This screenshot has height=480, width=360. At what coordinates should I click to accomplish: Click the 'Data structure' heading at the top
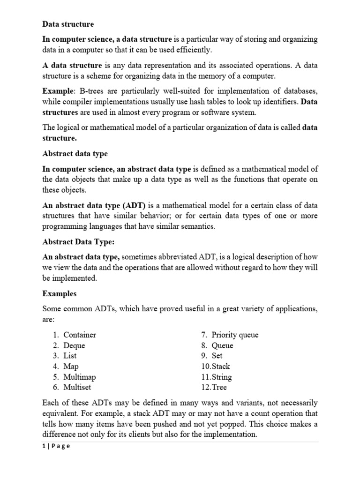[x=68, y=24]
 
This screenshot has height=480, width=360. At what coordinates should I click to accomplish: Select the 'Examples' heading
[x=60, y=294]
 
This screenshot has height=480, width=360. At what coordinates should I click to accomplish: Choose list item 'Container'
[x=80, y=335]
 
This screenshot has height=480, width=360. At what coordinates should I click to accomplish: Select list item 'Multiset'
[x=77, y=387]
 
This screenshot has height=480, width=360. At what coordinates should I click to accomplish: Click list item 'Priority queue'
[x=235, y=335]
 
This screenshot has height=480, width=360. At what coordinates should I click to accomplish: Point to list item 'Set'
[x=217, y=356]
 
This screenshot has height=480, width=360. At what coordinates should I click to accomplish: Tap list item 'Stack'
[x=221, y=366]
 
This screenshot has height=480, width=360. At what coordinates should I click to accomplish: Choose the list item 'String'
[x=222, y=377]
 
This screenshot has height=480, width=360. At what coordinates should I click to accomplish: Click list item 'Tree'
[x=219, y=387]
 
